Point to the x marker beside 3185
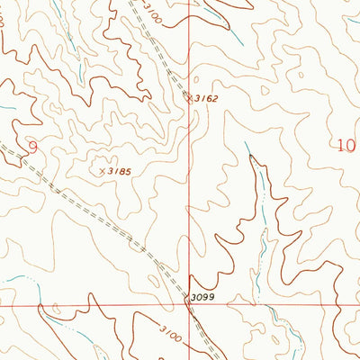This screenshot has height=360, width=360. pyautogui.click(x=101, y=168)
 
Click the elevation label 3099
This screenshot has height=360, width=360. pyautogui.click(x=203, y=296)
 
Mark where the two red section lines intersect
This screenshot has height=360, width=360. pyautogui.click(x=190, y=305)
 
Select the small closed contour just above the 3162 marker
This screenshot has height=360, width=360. pyautogui.click(x=191, y=85)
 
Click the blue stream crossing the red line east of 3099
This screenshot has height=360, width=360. pyautogui.click(x=259, y=305)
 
